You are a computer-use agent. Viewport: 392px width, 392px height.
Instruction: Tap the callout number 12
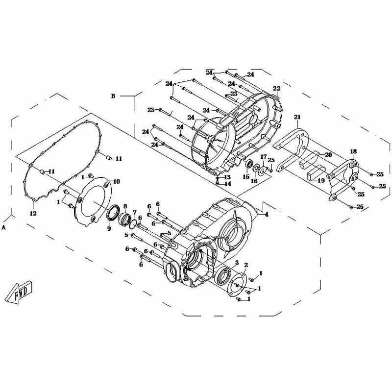pyautogui.click(x=33, y=214)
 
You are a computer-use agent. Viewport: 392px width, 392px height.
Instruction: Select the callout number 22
pyautogui.click(x=276, y=89)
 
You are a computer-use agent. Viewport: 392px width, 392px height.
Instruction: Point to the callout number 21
pyautogui.click(x=297, y=117)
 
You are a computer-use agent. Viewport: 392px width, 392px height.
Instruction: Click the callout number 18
pyautogui.click(x=353, y=151)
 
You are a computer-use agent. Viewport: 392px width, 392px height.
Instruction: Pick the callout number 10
pyautogui.click(x=117, y=181)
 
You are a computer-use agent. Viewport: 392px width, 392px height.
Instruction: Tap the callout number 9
pyautogui.click(x=109, y=228)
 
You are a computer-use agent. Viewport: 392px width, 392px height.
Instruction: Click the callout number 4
pyautogui.click(x=267, y=214)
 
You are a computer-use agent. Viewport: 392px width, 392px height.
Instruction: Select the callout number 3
pyautogui.click(x=237, y=263)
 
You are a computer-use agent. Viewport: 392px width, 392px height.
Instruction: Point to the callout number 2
pyautogui.click(x=246, y=265)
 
